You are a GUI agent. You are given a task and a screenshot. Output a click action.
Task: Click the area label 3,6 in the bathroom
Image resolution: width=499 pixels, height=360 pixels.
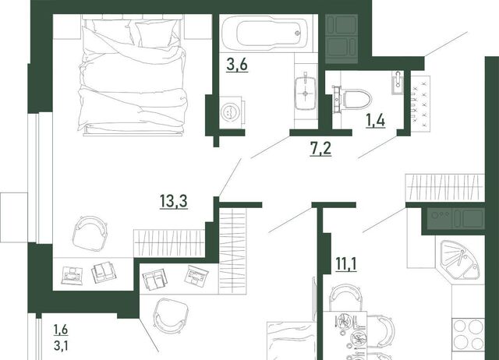click(237, 65)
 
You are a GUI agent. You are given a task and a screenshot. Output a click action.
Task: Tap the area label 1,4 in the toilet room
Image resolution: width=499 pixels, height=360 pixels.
click(376, 121)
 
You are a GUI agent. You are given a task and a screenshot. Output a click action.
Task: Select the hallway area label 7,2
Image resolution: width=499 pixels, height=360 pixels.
click(320, 149)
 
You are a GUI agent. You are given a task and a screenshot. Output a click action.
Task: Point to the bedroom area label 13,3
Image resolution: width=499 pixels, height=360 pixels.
click(173, 201)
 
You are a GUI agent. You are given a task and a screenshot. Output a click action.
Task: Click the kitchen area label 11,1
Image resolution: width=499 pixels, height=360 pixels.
click(346, 264)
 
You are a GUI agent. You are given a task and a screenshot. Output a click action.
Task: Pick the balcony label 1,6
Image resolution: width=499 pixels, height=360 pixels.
click(61, 330)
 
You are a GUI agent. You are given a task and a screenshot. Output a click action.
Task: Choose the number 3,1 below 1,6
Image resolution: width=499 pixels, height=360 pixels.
click(61, 345)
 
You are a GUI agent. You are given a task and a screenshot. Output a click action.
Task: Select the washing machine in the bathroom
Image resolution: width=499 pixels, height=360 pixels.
click(232, 112)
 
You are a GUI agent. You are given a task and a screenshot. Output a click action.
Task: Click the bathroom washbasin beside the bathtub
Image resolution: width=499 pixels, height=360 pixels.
click(306, 94)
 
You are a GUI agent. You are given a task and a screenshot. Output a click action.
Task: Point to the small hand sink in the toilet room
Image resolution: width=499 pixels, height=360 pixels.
click(398, 83)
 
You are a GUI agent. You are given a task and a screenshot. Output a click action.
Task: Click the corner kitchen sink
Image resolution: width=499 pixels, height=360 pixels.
click(458, 259)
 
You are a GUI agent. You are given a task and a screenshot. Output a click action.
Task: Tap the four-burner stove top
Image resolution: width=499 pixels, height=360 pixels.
click(469, 334)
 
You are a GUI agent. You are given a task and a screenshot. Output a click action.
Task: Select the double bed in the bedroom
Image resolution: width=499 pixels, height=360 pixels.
click(132, 76)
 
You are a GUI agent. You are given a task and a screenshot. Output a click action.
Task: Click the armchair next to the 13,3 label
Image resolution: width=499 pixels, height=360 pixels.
click(90, 232)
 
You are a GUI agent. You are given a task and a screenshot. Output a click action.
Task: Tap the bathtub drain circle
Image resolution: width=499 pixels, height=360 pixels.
click(298, 33)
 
